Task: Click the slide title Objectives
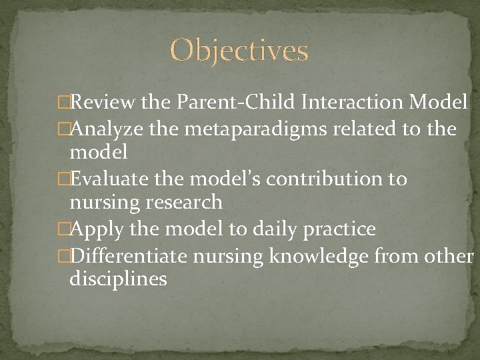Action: pos(239,51)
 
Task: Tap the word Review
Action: pos(103,103)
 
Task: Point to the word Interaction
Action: pos(352,103)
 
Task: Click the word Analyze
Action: pos(107,128)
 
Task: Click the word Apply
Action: pos(97,230)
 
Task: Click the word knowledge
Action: pos(319,255)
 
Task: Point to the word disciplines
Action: pos(118,279)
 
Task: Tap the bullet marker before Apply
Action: pos(63,230)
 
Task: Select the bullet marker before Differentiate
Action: pos(63,255)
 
